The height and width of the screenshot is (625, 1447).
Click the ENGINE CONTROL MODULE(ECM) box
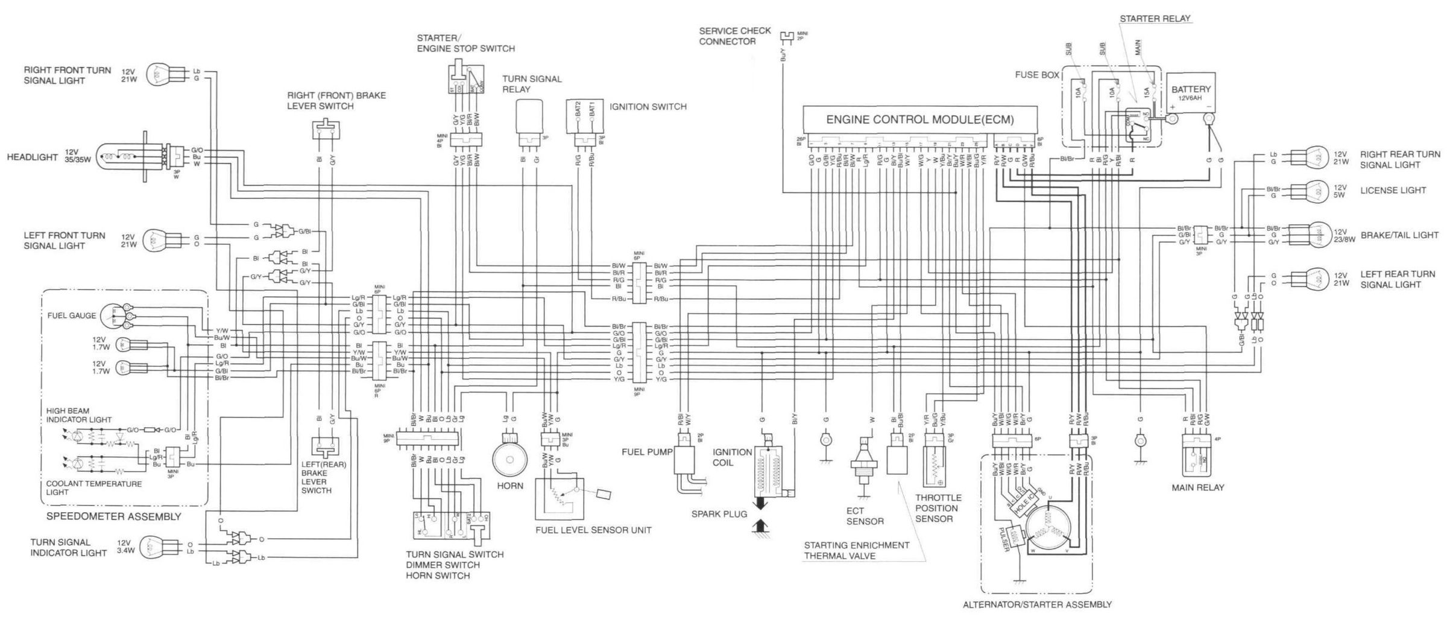click(x=919, y=119)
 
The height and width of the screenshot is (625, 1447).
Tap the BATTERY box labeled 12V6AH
click(x=1190, y=92)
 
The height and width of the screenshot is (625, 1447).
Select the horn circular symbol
click(x=511, y=460)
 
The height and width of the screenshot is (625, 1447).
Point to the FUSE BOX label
click(x=1037, y=75)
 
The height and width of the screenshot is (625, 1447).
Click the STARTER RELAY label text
click(x=1155, y=19)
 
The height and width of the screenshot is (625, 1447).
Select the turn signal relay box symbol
click(x=529, y=117)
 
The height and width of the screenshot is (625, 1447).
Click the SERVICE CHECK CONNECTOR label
click(x=734, y=36)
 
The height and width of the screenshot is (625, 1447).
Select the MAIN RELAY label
click(x=1197, y=487)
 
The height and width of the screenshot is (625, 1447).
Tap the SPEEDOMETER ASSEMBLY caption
click(x=113, y=517)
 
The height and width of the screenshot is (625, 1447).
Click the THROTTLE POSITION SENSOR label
click(x=938, y=509)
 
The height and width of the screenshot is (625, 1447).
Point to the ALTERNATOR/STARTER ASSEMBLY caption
click(x=1036, y=604)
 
